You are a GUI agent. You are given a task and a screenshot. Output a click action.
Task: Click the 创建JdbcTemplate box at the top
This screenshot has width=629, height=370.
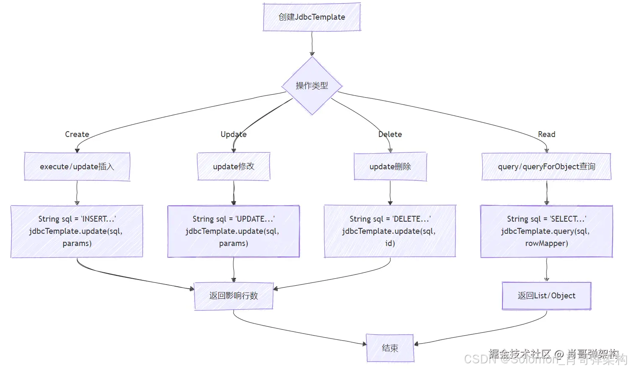click(312, 17)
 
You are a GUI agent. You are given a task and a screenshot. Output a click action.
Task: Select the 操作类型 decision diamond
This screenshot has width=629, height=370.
click(312, 86)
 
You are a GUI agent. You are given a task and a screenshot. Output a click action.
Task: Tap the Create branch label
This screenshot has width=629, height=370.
click(77, 135)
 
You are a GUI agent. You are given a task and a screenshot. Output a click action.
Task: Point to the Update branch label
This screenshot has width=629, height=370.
click(233, 135)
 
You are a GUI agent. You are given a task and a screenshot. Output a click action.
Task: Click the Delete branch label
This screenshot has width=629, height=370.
click(390, 135)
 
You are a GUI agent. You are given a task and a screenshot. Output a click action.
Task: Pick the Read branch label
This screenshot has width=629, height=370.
click(546, 135)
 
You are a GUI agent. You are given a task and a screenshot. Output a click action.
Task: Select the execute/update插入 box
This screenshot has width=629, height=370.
click(77, 167)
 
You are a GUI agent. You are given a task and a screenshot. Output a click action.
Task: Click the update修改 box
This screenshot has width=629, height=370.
click(233, 167)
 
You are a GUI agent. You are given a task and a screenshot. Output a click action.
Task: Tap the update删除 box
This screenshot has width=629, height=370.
click(390, 167)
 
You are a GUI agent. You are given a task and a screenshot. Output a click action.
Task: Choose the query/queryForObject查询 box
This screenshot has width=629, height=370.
click(546, 167)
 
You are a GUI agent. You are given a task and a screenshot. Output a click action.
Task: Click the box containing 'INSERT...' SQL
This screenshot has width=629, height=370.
click(77, 231)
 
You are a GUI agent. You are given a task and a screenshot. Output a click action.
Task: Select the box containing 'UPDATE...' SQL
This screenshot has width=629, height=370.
click(233, 231)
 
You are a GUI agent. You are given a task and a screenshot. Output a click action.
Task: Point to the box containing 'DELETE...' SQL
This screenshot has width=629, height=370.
click(390, 231)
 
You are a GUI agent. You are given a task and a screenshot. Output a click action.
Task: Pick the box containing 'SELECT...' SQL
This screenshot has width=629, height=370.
click(546, 231)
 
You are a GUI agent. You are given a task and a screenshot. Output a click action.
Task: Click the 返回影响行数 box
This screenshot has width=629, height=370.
click(233, 296)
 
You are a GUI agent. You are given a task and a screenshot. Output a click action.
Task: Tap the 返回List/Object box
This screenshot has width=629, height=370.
click(546, 296)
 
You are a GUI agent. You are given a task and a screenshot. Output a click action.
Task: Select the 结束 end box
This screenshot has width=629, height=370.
click(390, 348)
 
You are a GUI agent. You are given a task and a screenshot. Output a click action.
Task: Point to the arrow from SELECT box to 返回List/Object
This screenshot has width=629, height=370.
click(546, 269)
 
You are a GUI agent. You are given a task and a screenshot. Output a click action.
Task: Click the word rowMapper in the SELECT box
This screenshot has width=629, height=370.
click(546, 243)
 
